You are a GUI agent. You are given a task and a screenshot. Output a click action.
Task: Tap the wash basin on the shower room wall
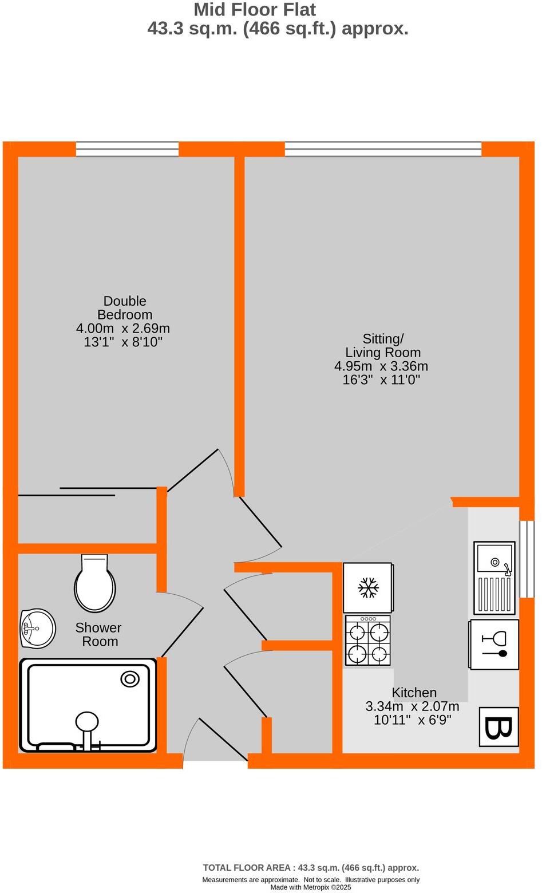point(37,629)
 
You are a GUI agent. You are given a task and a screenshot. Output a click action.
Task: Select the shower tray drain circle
point(130,679)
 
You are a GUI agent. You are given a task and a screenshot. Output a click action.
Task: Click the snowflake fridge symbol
point(368,588)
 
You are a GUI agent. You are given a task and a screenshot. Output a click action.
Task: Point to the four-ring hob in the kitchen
point(368,641)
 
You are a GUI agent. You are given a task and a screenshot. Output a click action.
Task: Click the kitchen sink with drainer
point(493,577)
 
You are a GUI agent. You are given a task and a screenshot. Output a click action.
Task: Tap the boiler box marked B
point(498,727)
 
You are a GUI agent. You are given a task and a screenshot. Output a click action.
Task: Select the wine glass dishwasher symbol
point(494,644)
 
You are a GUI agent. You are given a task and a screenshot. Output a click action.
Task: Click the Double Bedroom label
point(125,308)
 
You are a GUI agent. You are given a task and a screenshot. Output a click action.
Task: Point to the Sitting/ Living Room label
point(383,345)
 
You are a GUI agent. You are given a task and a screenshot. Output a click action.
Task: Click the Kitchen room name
point(414,693)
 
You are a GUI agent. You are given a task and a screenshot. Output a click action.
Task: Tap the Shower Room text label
point(98,635)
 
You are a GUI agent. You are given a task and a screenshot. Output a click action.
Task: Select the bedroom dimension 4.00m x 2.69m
point(123,329)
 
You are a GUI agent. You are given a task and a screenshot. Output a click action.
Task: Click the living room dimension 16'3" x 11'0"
point(381,380)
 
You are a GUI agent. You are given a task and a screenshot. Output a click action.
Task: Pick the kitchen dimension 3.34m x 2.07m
point(412,706)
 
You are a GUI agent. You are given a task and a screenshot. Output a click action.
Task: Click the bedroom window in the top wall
point(127,149)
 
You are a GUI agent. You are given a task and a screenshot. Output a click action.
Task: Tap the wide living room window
point(383,149)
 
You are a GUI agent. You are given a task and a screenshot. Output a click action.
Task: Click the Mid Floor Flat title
point(255,10)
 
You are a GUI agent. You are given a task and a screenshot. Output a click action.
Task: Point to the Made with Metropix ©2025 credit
point(311,887)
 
